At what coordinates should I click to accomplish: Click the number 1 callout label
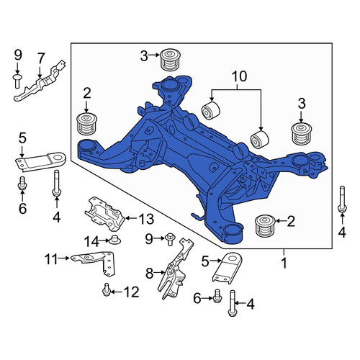coord(284,263)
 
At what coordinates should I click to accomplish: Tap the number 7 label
coord(41,58)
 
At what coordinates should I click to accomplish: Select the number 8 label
coord(149,274)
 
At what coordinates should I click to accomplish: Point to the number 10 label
coord(239,76)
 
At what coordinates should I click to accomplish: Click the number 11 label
coord(51,259)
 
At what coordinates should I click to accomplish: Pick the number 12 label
coord(131,292)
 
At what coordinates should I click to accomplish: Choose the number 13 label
coord(146,219)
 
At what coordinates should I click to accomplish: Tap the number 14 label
coord(91,241)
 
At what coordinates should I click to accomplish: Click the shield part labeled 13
coord(104,213)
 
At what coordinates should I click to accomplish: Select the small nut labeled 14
coord(114,240)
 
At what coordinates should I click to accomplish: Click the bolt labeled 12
coord(106,289)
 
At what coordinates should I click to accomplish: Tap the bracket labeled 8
coord(175,269)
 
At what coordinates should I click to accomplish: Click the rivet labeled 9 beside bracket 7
coord(17,81)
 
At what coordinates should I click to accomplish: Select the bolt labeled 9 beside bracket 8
coord(170,239)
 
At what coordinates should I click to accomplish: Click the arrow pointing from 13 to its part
coord(131,218)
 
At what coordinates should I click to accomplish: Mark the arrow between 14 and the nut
coord(104,240)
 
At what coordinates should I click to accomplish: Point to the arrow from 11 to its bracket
coord(64,258)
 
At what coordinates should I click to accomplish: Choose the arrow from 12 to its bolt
coord(117,292)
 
